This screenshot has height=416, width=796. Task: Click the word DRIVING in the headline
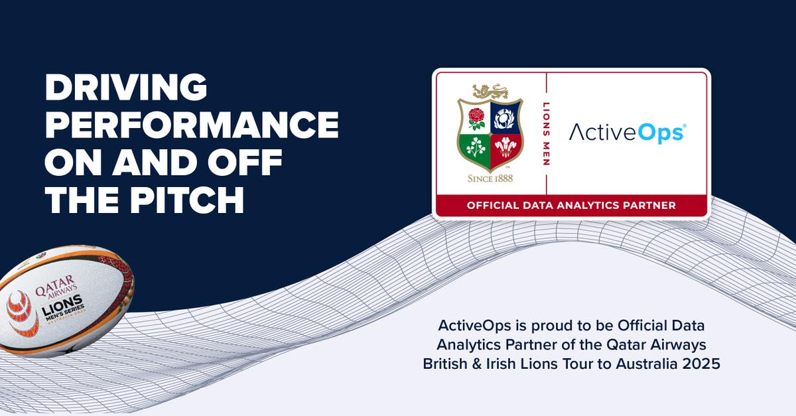[126, 87]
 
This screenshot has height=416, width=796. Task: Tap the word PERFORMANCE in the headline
[191, 124]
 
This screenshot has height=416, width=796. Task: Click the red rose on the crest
[476, 117]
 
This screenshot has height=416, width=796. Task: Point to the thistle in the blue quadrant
[505, 117]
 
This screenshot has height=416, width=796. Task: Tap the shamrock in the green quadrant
[476, 148]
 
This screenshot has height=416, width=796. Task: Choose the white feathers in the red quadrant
[505, 147]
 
